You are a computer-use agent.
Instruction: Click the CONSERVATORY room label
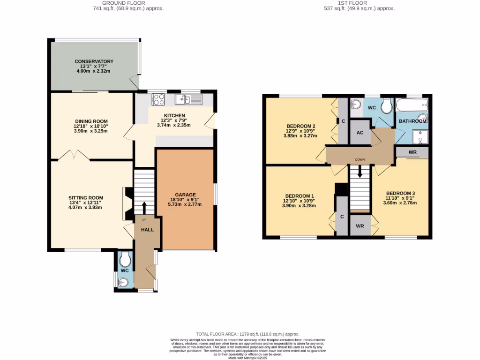click(94, 61)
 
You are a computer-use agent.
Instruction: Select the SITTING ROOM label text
click(85, 197)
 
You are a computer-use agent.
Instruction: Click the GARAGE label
click(185, 195)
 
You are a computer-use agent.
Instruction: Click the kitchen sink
click(187, 99)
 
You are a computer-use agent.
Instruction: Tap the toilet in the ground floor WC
click(124, 259)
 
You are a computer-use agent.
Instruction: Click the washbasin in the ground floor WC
click(122, 282)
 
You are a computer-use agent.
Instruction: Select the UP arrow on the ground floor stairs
click(144, 207)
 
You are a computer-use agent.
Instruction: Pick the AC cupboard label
click(360, 133)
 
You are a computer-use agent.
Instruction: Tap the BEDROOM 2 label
click(300, 126)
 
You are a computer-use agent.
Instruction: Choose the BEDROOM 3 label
click(400, 193)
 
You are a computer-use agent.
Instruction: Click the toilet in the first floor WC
click(387, 106)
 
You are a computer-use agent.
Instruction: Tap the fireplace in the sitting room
click(126, 203)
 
